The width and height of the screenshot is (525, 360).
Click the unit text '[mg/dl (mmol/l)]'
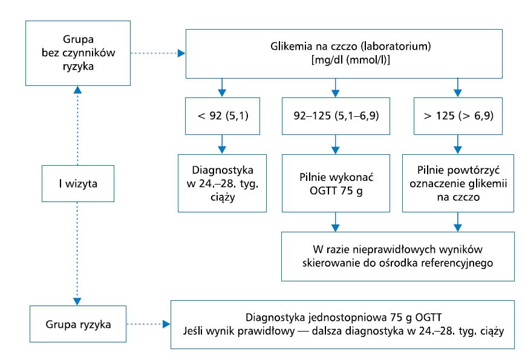[351, 60]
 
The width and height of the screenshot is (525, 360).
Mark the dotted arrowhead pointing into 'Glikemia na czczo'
[181, 53]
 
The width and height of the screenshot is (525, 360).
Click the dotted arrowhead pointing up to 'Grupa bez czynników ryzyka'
[77, 90]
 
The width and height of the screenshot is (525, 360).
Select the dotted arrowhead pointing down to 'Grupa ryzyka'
[77, 301]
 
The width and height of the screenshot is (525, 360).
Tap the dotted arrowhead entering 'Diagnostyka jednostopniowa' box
[166, 324]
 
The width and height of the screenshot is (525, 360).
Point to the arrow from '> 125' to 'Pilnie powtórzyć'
[458, 145]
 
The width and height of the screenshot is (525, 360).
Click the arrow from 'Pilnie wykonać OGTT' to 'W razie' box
[336, 222]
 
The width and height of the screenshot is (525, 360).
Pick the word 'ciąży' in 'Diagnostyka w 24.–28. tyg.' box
[223, 197]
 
